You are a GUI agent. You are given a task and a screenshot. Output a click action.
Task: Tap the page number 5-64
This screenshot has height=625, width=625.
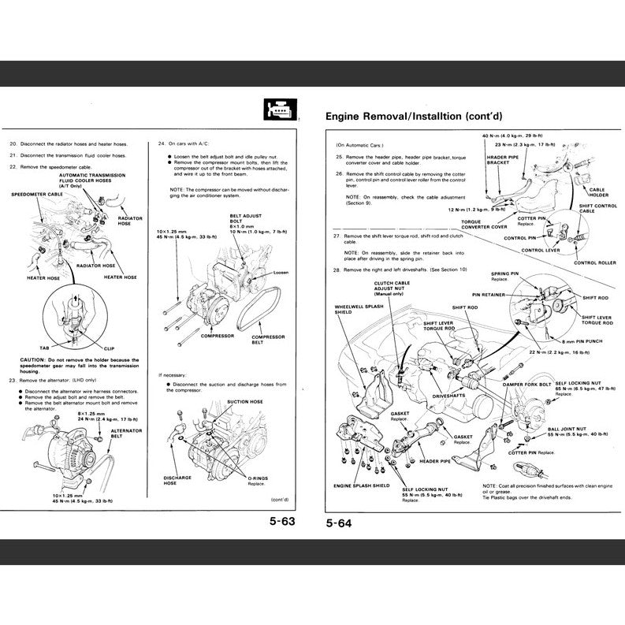pos(339,522)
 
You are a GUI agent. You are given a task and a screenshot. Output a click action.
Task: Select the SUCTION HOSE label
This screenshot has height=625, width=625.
pos(244,401)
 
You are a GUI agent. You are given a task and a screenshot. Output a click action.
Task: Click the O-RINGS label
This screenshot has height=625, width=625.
pos(257,478)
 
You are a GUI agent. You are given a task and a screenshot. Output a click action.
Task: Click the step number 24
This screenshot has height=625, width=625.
pos(162,144)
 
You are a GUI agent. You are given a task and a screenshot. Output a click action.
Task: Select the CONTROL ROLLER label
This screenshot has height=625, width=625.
pos(596,262)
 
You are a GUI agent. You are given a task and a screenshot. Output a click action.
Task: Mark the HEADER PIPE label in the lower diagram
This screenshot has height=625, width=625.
pos(434,461)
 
